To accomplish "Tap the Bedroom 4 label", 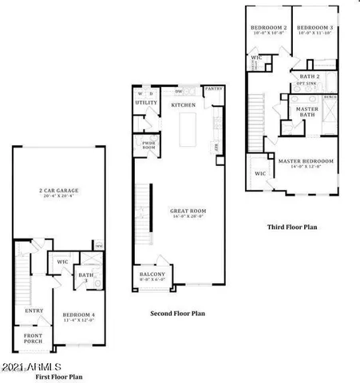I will pyautogui.click(x=78, y=316).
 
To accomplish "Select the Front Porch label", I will pyautogui.click(x=34, y=338).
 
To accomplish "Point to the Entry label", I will pyautogui.click(x=34, y=311).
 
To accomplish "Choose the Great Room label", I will pyautogui.click(x=188, y=211).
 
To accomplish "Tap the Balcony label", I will pyautogui.click(x=152, y=275).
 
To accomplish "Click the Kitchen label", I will pyautogui.click(x=185, y=105).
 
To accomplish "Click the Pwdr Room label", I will pyautogui.click(x=148, y=145).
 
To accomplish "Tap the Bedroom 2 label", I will pyautogui.click(x=268, y=28).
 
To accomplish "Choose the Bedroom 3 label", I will pyautogui.click(x=315, y=28).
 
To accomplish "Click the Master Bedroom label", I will pyautogui.click(x=306, y=161).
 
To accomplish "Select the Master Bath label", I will pyautogui.click(x=307, y=112).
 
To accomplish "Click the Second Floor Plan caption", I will pyautogui.click(x=177, y=314).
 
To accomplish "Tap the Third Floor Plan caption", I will pyautogui.click(x=291, y=227).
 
